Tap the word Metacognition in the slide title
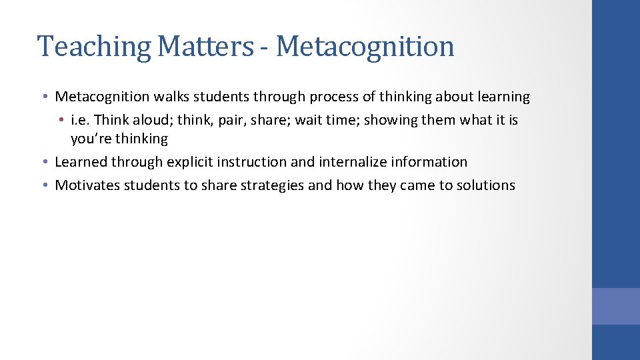(x=365, y=47)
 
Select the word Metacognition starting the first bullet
(x=102, y=97)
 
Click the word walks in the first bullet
(x=171, y=97)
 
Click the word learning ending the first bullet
(x=503, y=97)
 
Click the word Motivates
(x=87, y=185)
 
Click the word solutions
(x=486, y=185)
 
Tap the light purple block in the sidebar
(x=615, y=306)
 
